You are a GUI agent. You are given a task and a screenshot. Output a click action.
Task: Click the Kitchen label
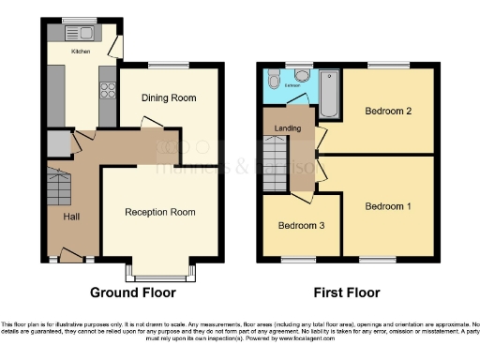(82, 52)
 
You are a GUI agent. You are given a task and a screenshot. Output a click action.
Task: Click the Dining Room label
(169, 98)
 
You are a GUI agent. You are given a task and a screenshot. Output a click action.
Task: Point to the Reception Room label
(160, 213)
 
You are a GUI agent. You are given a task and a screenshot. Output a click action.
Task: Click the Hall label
(71, 217)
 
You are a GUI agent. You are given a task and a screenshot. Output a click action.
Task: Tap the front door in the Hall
(70, 254)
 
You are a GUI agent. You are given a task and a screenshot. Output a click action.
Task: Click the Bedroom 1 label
(387, 206)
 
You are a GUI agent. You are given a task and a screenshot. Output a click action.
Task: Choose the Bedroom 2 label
(387, 112)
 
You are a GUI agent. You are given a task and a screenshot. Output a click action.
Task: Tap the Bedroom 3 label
(300, 226)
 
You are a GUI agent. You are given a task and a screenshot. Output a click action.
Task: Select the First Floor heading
(350, 292)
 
